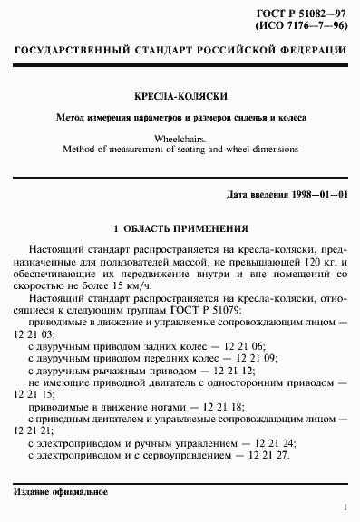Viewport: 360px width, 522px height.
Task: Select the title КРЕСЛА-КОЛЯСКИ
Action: click(x=180, y=95)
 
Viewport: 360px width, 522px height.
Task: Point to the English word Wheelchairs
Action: click(x=180, y=138)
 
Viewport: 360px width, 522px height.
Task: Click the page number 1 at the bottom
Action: click(x=346, y=509)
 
